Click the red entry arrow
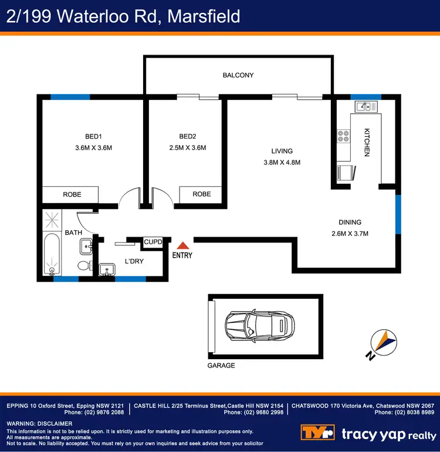click(183, 246)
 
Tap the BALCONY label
click(238, 75)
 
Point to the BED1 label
click(90, 137)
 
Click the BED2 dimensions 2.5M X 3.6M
click(187, 148)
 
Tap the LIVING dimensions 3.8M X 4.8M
click(282, 163)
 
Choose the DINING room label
click(350, 222)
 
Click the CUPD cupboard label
click(153, 242)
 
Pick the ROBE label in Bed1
click(72, 194)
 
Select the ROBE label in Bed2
click(202, 194)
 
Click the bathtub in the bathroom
click(52, 254)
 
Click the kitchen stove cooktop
click(343, 137)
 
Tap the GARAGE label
click(221, 366)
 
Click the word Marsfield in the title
click(204, 16)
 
